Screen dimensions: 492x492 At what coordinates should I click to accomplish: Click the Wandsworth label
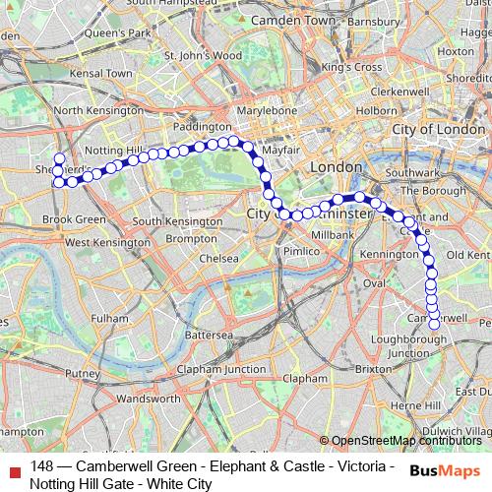pyautogui.click(x=149, y=399)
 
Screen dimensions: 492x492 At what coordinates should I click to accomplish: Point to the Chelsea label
pyautogui.click(x=217, y=258)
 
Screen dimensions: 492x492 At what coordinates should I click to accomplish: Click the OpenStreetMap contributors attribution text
pyautogui.click(x=405, y=441)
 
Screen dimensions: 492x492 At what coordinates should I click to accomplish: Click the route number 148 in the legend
pyautogui.click(x=42, y=465)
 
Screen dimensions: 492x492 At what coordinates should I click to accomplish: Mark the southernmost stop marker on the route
pyautogui.click(x=434, y=324)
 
